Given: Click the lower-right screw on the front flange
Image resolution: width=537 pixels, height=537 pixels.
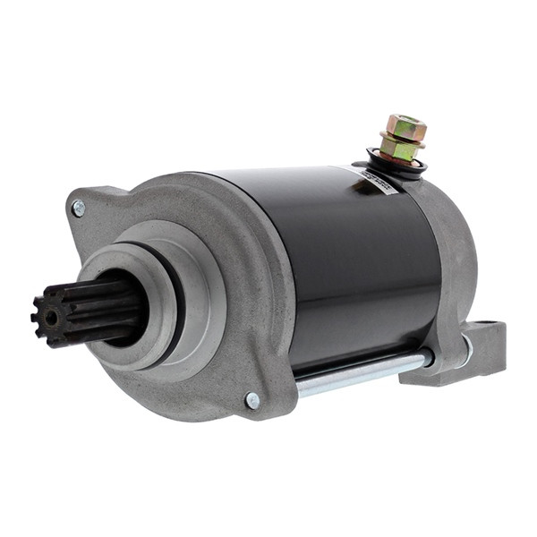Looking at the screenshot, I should tap(253, 400).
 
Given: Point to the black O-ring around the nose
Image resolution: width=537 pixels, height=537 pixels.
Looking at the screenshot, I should tap(176, 286).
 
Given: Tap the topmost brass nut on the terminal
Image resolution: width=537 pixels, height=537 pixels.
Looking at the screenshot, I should tap(406, 127).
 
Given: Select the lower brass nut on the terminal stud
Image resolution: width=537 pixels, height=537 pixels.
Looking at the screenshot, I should tap(399, 149).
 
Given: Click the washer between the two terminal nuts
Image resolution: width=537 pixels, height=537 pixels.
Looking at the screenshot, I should tap(402, 138).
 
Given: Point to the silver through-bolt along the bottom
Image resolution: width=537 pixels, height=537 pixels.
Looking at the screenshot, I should tap(358, 372).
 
